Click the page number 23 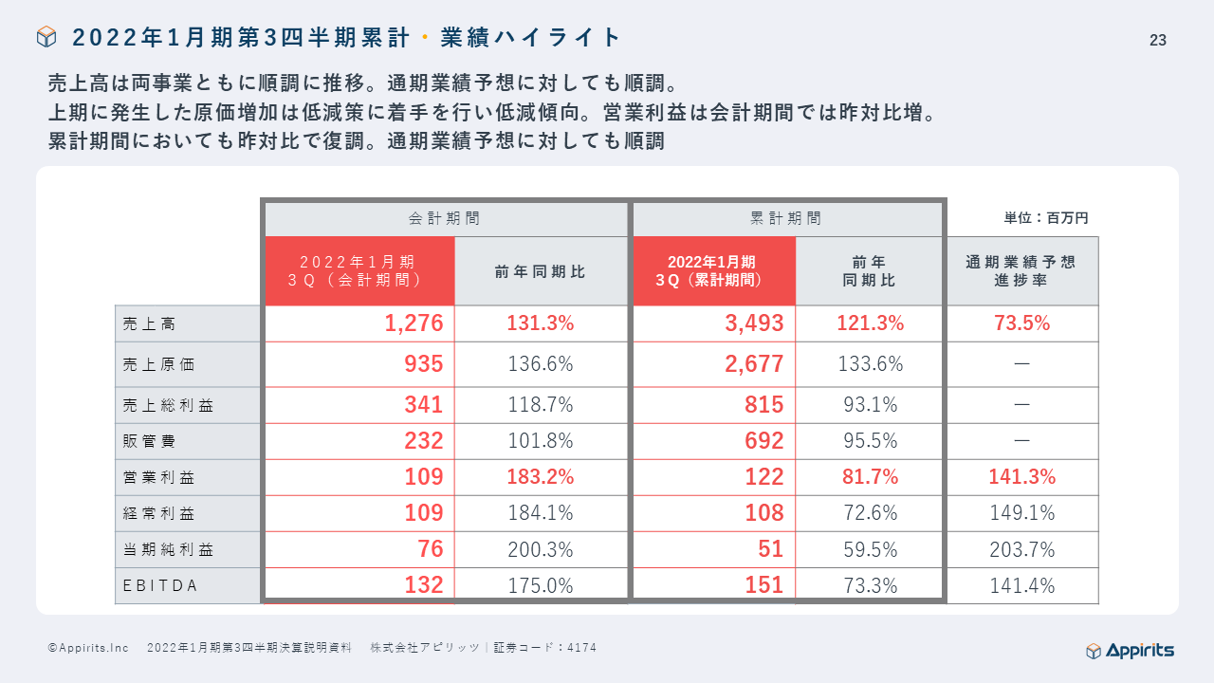(x=1157, y=40)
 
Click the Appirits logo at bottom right (x=1130, y=650)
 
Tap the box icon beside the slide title (x=46, y=37)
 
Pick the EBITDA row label (x=160, y=585)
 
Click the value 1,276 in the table (x=414, y=323)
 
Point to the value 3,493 (x=754, y=323)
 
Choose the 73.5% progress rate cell (x=1021, y=323)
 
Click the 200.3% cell (x=540, y=549)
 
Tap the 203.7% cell (x=1021, y=549)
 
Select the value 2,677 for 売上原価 (x=754, y=364)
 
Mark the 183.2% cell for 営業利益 (x=540, y=477)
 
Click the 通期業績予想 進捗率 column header (x=1021, y=271)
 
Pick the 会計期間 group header (x=445, y=218)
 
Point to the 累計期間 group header (x=786, y=218)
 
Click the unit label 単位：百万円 (x=1046, y=218)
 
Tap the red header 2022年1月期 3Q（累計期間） (x=712, y=271)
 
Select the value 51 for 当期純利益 (x=769, y=549)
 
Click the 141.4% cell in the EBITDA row (x=1021, y=585)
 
